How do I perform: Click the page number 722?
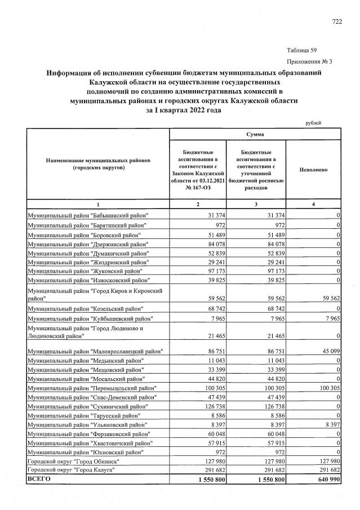pos(337,21)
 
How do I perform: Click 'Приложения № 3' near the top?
pos(309,61)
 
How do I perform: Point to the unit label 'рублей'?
pos(313,122)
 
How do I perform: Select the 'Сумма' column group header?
pos(256,135)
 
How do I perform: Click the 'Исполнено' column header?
pos(313,169)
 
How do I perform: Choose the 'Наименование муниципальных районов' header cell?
pos(97,164)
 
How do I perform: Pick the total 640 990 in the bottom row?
pos(326,478)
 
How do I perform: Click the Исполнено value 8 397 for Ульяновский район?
pos(329,424)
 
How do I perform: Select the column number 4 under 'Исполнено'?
pos(313,203)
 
